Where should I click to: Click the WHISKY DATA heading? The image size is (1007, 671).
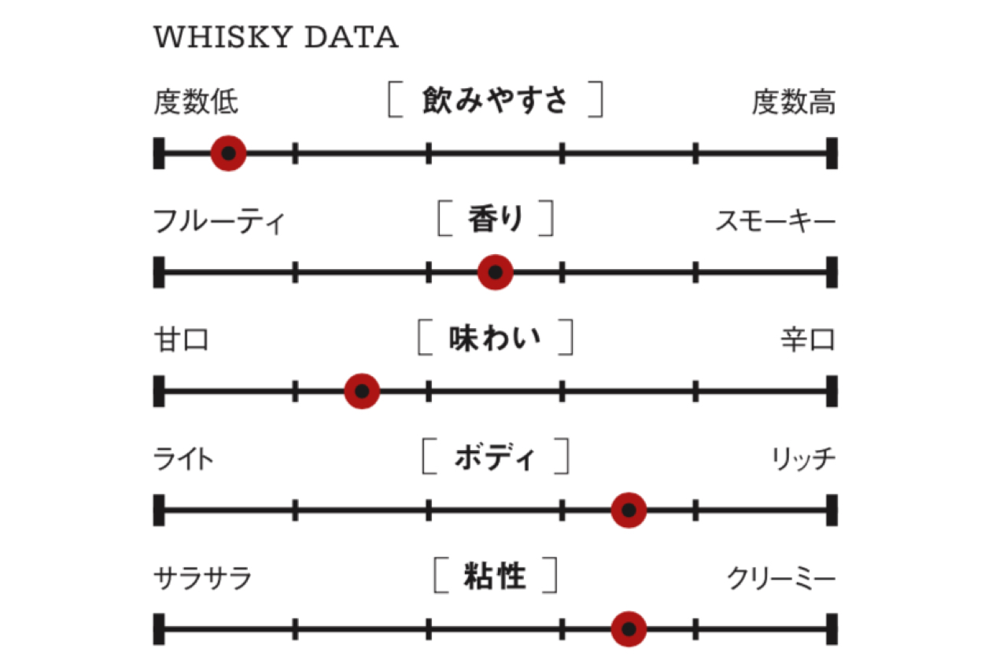point(275,38)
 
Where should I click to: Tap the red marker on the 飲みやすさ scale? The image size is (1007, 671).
point(228,153)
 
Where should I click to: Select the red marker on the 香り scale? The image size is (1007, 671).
point(496,272)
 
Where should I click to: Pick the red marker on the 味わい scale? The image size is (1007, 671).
point(362,391)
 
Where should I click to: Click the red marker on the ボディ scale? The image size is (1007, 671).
point(629,511)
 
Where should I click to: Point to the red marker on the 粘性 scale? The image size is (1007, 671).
point(629,629)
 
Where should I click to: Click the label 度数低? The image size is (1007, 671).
point(196,102)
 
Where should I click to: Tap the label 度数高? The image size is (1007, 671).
point(793,102)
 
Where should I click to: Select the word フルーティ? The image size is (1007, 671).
point(219,222)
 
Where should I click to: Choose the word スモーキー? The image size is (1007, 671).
point(775,222)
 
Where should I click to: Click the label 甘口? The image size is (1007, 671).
point(182,340)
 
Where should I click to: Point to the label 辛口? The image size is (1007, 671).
point(807,340)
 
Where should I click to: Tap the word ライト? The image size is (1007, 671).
point(183,459)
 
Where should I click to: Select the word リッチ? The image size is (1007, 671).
point(802,459)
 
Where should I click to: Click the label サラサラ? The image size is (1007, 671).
point(203,578)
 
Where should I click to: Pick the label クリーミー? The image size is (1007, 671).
point(780,578)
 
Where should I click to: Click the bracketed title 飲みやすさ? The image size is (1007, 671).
point(495,101)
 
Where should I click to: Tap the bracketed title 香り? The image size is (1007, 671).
point(495,219)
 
